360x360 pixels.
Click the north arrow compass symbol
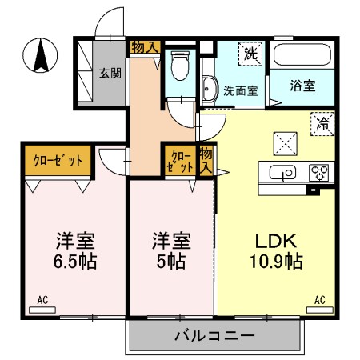(x=40, y=55)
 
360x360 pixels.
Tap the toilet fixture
(x=180, y=66)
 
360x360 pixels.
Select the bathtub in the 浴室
(x=302, y=54)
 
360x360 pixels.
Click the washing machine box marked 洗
(x=250, y=54)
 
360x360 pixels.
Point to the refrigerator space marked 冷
(x=322, y=124)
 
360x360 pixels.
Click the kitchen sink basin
(x=282, y=172)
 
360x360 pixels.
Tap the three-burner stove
(x=318, y=173)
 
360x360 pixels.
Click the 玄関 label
(x=110, y=73)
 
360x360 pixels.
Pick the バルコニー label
(x=215, y=335)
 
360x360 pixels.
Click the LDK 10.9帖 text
(x=276, y=251)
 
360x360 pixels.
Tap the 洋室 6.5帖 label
(x=75, y=251)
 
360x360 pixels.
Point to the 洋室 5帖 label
(x=171, y=251)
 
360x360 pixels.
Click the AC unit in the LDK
(x=320, y=310)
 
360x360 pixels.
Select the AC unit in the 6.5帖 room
(x=42, y=310)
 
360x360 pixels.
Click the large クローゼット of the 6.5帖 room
(x=58, y=160)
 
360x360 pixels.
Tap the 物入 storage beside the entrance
(x=146, y=47)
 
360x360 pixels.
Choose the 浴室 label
(x=302, y=86)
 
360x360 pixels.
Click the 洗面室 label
(x=241, y=91)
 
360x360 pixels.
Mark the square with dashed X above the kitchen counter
(x=286, y=144)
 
